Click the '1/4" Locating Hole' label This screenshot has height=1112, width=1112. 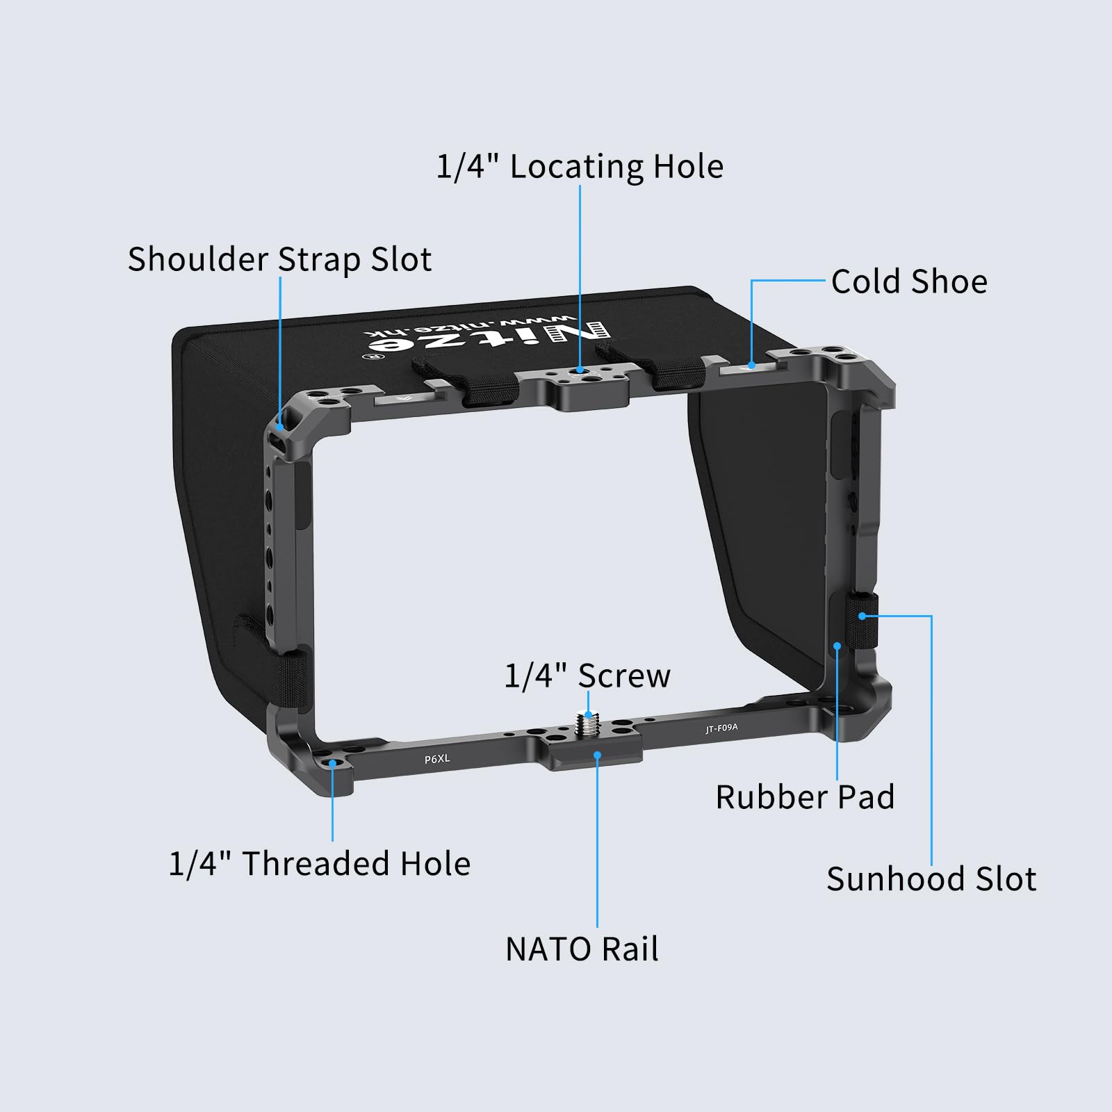[580, 167]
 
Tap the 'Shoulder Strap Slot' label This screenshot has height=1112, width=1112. [279, 259]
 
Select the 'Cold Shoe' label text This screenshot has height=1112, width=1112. [909, 281]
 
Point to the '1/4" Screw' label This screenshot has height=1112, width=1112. [587, 676]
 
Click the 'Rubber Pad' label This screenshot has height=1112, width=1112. [805, 796]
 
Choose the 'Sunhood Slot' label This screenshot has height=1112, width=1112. [931, 878]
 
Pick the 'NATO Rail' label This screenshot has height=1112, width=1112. [582, 949]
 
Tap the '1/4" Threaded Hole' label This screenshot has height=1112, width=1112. [320, 863]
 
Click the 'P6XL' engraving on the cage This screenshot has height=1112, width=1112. [437, 759]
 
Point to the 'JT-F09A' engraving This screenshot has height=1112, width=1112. [721, 728]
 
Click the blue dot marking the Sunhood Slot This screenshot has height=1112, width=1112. [862, 616]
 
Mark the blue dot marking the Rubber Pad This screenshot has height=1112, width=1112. [837, 646]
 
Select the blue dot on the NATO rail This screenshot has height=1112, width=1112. [597, 755]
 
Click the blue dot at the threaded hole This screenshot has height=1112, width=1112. [333, 763]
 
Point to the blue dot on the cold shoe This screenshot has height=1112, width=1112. [751, 365]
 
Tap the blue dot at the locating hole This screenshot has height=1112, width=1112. [580, 371]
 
